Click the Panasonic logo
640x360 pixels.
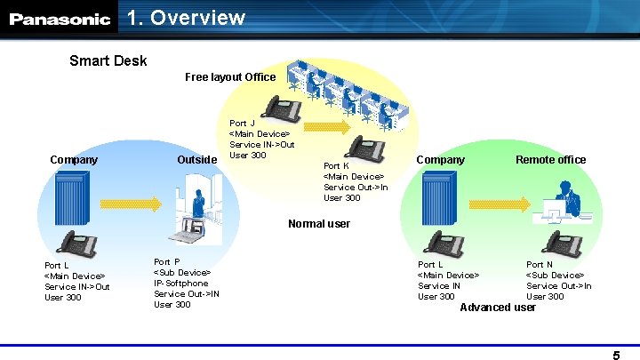[x=60, y=19]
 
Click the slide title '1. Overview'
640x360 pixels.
[x=186, y=18]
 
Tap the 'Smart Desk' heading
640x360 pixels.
[x=108, y=61]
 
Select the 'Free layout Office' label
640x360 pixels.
[x=230, y=77]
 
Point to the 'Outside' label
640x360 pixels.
[x=197, y=160]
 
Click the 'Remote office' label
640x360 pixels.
[x=551, y=160]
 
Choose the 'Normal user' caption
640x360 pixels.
[x=319, y=224]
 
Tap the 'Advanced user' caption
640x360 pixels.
[x=498, y=308]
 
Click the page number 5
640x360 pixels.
[x=616, y=356]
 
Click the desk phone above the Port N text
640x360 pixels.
[x=562, y=242]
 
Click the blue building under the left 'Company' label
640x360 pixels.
[x=73, y=197]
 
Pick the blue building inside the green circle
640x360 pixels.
[x=441, y=197]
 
